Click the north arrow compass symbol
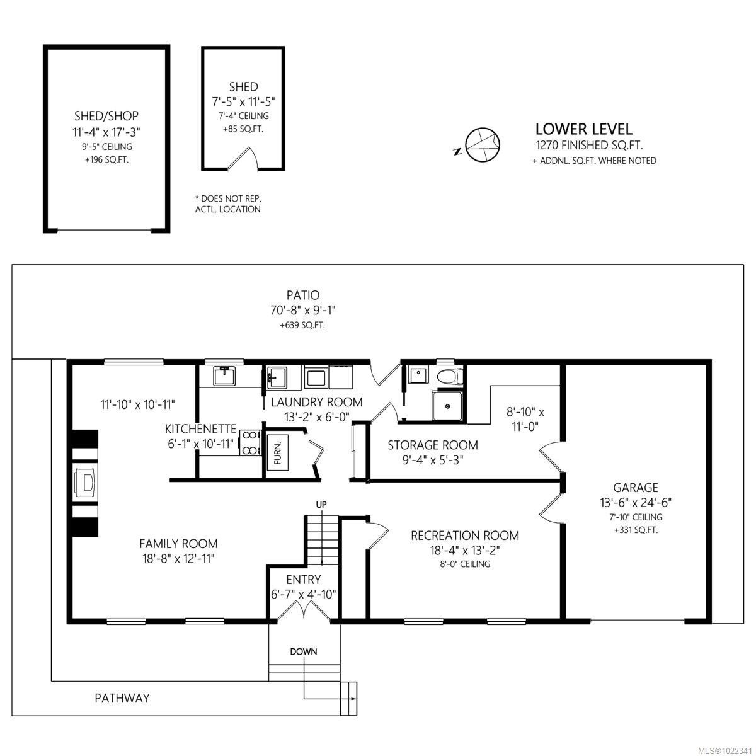pyautogui.click(x=483, y=144)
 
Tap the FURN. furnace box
pyautogui.click(x=278, y=451)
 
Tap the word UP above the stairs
pyautogui.click(x=321, y=505)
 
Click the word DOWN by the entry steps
pyautogui.click(x=304, y=651)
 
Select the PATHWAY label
pyautogui.click(x=122, y=698)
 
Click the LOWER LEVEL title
pyautogui.click(x=583, y=129)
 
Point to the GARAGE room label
pyautogui.click(x=636, y=488)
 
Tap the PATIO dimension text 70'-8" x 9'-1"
pyautogui.click(x=303, y=310)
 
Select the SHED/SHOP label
pyautogui.click(x=106, y=116)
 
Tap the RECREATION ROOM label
pyautogui.click(x=465, y=535)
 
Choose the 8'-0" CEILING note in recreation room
pyautogui.click(x=465, y=564)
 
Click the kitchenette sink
pyautogui.click(x=224, y=377)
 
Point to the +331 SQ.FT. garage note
pyautogui.click(x=636, y=530)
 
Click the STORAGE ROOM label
pyautogui.click(x=432, y=445)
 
